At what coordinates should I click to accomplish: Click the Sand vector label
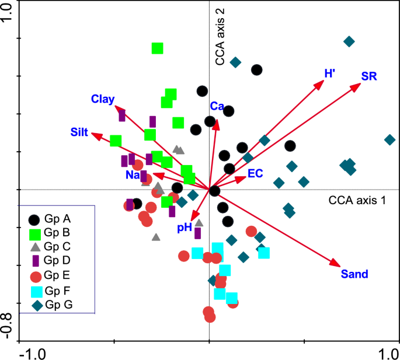pyautogui.click(x=354, y=273)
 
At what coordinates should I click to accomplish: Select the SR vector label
pyautogui.click(x=368, y=76)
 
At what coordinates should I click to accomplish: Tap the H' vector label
pyautogui.click(x=330, y=74)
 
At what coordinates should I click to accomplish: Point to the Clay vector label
pyautogui.click(x=102, y=99)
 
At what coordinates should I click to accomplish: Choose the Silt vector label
pyautogui.click(x=79, y=132)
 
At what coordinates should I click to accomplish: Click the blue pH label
pyautogui.click(x=185, y=228)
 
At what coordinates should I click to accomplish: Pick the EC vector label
pyautogui.click(x=255, y=173)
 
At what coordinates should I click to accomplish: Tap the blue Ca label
pyautogui.click(x=217, y=106)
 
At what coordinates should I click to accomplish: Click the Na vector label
pyautogui.click(x=131, y=175)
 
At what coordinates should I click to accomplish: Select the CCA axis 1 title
pyautogui.click(x=357, y=201)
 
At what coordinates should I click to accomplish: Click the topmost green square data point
pyautogui.click(x=157, y=48)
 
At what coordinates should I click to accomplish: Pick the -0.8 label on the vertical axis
pyautogui.click(x=8, y=325)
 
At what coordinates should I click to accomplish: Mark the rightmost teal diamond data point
pyautogui.click(x=389, y=140)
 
